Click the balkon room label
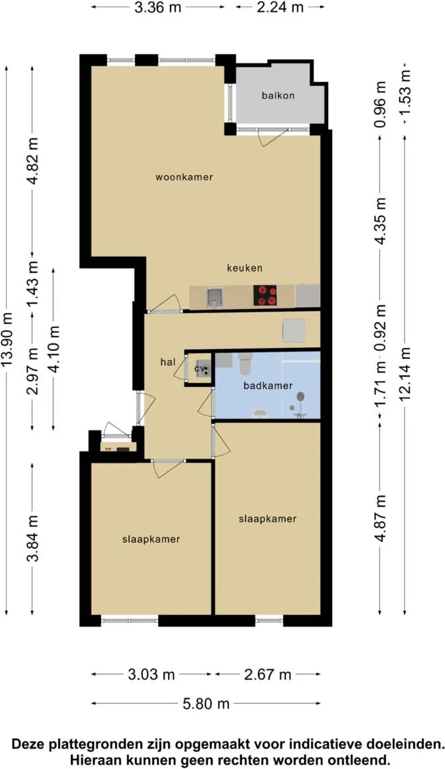tap(278, 96)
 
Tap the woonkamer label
tap(184, 177)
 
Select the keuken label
tap(245, 268)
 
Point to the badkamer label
tap(267, 386)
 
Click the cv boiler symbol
tap(201, 369)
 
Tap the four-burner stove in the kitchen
tap(265, 295)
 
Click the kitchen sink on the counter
tap(215, 297)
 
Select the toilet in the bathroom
tap(245, 362)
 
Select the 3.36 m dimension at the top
tap(157, 7)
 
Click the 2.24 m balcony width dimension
tap(280, 7)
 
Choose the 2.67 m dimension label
tap(267, 675)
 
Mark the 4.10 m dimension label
tap(54, 348)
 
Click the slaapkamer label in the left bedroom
tap(151, 539)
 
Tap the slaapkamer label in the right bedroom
tap(267, 518)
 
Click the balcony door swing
tap(272, 138)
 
